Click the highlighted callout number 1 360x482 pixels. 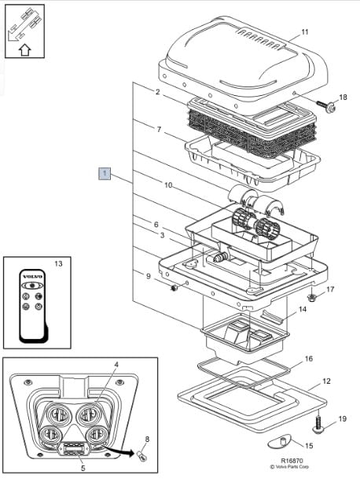click(105, 173)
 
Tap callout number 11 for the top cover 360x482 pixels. click(305, 32)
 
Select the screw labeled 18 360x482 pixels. click(326, 106)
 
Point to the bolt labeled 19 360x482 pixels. click(318, 423)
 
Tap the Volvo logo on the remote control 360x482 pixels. click(32, 277)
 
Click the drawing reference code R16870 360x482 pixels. click(292, 461)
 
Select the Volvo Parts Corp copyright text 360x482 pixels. click(289, 466)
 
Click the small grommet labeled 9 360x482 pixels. click(174, 288)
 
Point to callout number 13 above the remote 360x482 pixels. click(58, 263)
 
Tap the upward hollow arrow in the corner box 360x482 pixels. click(25, 50)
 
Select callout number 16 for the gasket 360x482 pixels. click(308, 359)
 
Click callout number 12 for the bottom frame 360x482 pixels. click(326, 381)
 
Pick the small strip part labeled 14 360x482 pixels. click(271, 316)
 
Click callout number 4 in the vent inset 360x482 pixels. click(116, 364)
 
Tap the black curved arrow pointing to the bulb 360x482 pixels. click(119, 450)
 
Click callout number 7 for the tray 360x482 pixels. click(159, 129)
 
